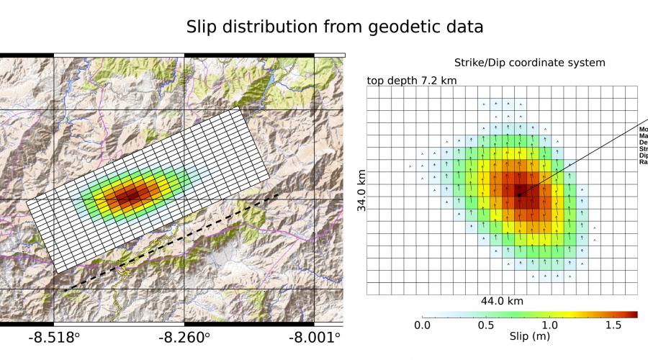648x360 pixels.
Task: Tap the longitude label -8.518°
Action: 54,337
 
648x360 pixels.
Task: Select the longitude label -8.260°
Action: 184,337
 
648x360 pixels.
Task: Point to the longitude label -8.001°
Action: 314,337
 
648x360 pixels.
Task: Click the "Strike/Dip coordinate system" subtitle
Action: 529,63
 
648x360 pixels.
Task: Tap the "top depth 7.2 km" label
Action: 412,80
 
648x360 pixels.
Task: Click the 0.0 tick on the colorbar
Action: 422,325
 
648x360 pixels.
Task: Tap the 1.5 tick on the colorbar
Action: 613,325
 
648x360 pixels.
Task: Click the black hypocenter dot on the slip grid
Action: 518,194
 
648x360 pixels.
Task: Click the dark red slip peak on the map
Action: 130,194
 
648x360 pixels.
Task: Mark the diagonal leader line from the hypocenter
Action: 583,158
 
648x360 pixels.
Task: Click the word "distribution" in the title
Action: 292,27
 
